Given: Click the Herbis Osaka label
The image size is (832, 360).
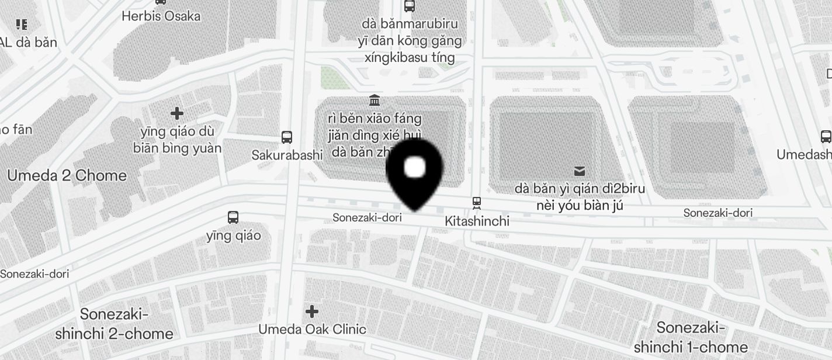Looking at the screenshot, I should coord(161,16).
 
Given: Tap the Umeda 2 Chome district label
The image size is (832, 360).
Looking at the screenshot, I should coord(67,175).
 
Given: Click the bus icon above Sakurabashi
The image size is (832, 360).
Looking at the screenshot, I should coord(287,137).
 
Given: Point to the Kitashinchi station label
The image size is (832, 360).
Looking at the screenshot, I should coord(477,221).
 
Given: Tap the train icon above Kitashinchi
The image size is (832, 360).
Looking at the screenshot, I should coord(477,203).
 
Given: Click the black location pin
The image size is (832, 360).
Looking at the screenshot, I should coord(415,172).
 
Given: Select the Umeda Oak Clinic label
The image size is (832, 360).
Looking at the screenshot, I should coord(312,329).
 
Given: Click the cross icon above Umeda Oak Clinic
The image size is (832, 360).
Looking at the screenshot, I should coord(312,311).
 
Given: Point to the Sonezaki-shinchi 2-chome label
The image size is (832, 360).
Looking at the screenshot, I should coord(115,324).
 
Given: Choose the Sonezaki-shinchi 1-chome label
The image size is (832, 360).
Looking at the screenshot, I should coord(691,337).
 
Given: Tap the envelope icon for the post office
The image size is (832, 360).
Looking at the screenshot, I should coord(580,171).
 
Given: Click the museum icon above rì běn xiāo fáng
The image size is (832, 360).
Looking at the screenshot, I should coord(375,101).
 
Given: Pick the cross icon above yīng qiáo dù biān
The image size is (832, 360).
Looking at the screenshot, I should coord(177,113).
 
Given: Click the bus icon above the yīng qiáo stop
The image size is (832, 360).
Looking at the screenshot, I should coord(233,217).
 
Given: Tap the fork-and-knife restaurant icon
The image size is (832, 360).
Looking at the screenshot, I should coord(22,25).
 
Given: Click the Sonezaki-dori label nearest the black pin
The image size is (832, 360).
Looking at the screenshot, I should coord(367,217).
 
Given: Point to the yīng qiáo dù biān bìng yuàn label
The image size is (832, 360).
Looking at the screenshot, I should coord(177,140).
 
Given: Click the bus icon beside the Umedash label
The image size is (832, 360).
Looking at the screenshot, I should coord(826,137).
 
